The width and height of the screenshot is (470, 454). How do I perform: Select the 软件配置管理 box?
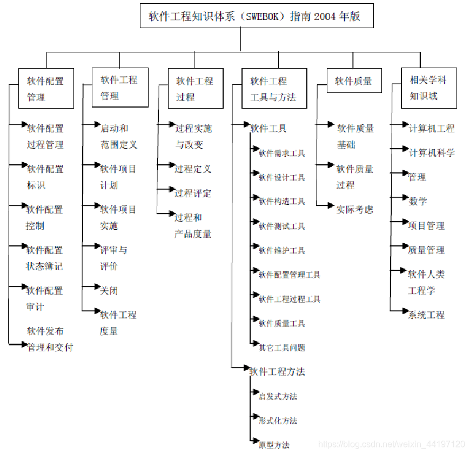click(46, 89)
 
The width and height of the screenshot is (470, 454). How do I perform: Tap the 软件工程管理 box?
click(119, 88)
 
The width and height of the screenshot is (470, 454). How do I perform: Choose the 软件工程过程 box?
click(195, 89)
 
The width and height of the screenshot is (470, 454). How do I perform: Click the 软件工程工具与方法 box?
click(274, 89)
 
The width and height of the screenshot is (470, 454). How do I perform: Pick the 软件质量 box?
click(354, 81)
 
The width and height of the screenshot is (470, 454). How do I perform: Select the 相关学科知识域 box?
click(428, 88)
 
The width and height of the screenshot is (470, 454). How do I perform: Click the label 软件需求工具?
click(281, 153)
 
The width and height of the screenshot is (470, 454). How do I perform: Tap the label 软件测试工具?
click(281, 226)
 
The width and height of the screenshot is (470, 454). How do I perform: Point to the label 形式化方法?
click(278, 420)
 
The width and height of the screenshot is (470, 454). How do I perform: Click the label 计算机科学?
click(432, 152)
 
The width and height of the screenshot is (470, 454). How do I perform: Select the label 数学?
click(418, 201)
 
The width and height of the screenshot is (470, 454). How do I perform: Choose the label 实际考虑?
click(354, 209)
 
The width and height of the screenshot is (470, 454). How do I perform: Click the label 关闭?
click(109, 290)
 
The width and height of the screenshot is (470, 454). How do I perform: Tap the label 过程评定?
click(193, 193)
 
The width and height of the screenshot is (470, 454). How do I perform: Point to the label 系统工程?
click(426, 315)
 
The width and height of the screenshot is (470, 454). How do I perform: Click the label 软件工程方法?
click(277, 372)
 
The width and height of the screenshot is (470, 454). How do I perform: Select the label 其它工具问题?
click(281, 348)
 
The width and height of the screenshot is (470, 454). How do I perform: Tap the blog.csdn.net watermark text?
click(391, 444)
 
